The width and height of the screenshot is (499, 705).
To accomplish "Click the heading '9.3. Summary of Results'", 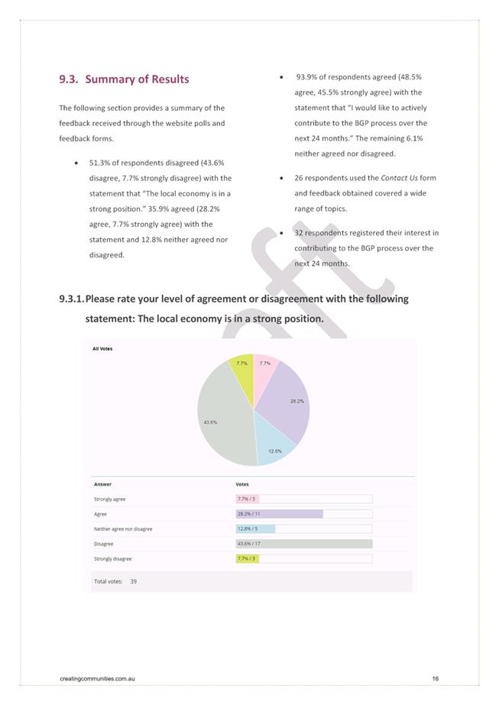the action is point(124,79).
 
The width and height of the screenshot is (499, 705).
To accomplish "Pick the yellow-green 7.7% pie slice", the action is point(242,370).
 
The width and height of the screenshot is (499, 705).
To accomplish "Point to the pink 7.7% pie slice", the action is point(263,370).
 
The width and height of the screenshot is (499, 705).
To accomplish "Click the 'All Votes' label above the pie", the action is point(102,348).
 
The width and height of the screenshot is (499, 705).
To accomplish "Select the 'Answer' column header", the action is point(102,484).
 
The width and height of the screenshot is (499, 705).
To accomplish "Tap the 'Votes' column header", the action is point(241,484).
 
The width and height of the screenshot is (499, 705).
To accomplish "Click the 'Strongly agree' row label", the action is point(109,500).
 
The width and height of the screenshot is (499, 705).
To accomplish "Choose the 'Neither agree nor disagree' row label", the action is point(123,529).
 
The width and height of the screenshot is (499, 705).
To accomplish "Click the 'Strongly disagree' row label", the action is point(112,559).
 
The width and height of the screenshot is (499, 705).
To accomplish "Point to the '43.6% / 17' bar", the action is point(303,544).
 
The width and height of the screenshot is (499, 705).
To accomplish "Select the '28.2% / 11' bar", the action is point(279,514).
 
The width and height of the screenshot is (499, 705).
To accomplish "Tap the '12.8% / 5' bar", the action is point(255,529).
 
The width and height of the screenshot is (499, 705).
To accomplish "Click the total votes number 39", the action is point(134,581).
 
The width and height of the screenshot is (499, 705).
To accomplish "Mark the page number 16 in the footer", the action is point(435,678).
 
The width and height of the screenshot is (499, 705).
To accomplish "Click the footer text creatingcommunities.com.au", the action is point(97,678).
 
